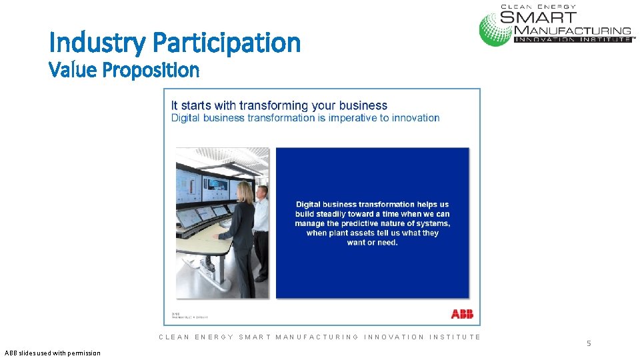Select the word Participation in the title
[227, 43]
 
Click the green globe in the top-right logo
[495, 28]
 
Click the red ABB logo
[461, 314]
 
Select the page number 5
[589, 343]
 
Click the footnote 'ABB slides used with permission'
[52, 353]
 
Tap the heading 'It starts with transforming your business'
[279, 105]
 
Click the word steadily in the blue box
[335, 214]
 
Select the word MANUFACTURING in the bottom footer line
[317, 337]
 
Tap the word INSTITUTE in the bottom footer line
[455, 337]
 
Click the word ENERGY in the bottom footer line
[214, 337]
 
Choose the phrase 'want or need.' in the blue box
[372, 243]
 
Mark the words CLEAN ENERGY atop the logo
[539, 6]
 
